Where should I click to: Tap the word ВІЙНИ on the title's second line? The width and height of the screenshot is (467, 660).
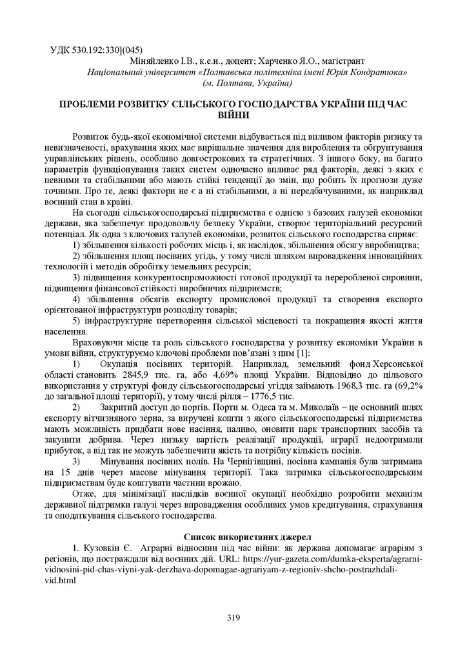pyautogui.click(x=233, y=115)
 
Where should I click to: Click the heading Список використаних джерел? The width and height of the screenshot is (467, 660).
pyautogui.click(x=234, y=536)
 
